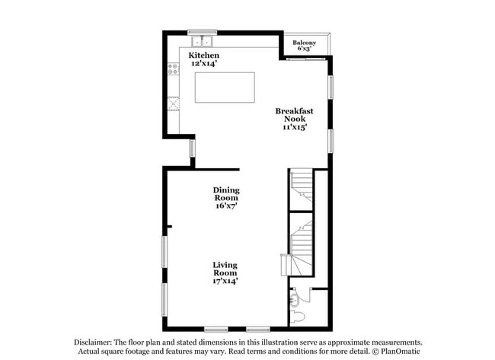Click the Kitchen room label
204,56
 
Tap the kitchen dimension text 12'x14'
204,64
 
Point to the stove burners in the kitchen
173,72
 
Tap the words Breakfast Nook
294,115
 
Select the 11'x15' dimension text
294,128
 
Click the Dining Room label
226,194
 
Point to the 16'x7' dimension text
226,205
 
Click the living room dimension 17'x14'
225,281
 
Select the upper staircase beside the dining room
302,186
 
